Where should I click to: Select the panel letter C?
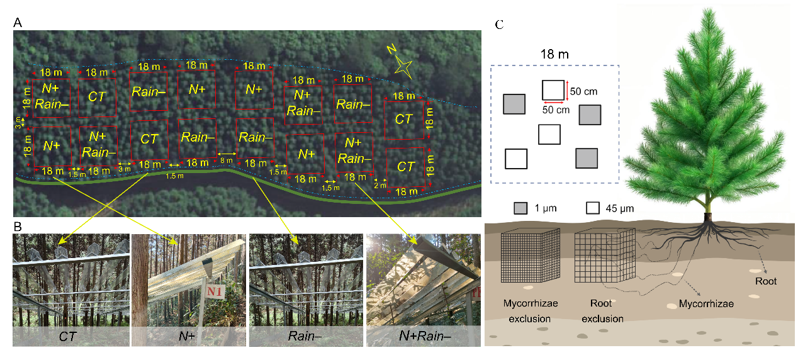coord(499,25)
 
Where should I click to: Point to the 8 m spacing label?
coord(227,161)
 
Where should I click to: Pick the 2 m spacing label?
coord(380,185)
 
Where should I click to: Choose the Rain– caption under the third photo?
coord(306,337)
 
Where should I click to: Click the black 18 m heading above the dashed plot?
coord(554,55)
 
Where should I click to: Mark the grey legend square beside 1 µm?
coord(520,208)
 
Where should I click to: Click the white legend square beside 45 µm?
coord(592,208)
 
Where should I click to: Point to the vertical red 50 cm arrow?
coord(567,90)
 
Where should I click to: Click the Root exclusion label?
coord(602,311)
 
